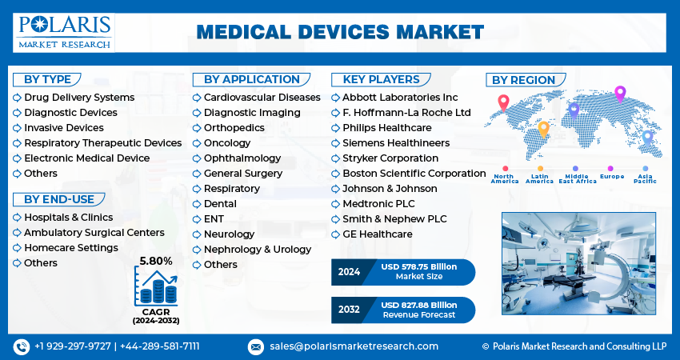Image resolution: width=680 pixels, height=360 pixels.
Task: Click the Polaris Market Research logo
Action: pyautogui.click(x=64, y=33)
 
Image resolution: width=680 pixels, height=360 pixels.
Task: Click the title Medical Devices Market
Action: pyautogui.click(x=340, y=33)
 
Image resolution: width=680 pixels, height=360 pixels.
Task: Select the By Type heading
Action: pyautogui.click(x=47, y=80)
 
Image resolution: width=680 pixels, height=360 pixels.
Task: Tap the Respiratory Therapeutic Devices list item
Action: pyautogui.click(x=102, y=143)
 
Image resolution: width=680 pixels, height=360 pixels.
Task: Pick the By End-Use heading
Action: pyautogui.click(x=59, y=199)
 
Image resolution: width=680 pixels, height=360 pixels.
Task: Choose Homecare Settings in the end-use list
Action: pyautogui.click(x=71, y=248)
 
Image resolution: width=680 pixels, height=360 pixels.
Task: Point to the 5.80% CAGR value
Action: pyautogui.click(x=156, y=261)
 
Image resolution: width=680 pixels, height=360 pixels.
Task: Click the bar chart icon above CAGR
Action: pyautogui.click(x=156, y=286)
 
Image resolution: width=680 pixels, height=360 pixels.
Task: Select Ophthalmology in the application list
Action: pyautogui.click(x=242, y=158)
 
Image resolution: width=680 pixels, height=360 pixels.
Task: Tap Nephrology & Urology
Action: pyautogui.click(x=258, y=250)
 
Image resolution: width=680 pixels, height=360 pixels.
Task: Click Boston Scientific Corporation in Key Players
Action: pyautogui.click(x=414, y=174)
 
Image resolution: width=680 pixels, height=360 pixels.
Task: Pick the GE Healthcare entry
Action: pyautogui.click(x=378, y=234)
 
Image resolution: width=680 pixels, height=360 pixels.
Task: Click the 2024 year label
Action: pyautogui.click(x=349, y=272)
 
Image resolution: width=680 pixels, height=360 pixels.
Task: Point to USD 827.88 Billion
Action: pyautogui.click(x=419, y=305)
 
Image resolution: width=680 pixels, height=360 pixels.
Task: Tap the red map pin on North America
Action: pyautogui.click(x=503, y=102)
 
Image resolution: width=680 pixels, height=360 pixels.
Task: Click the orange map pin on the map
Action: pyautogui.click(x=543, y=130)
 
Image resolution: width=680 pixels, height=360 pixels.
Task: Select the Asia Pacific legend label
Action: pyautogui.click(x=645, y=178)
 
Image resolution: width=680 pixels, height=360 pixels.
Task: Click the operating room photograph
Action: pyautogui.click(x=578, y=263)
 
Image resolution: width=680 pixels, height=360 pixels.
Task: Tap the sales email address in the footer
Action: pyautogui.click(x=354, y=346)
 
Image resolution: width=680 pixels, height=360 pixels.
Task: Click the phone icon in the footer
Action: pyautogui.click(x=22, y=346)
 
